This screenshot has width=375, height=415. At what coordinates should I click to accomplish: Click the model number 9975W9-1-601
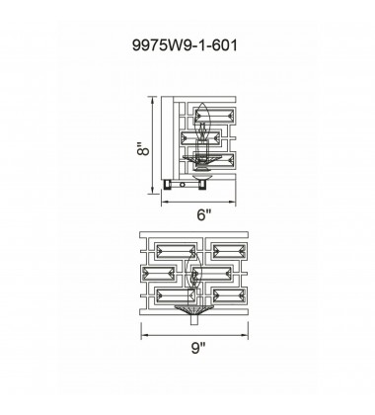coord(185,45)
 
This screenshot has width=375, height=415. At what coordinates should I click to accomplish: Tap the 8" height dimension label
coord(143,149)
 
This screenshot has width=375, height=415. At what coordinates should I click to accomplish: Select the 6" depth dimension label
coord(203,215)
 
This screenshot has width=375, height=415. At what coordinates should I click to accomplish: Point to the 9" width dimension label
coord(198,348)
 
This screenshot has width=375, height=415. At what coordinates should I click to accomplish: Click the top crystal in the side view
coord(215,116)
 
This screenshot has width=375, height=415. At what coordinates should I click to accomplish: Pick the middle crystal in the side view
coord(200,138)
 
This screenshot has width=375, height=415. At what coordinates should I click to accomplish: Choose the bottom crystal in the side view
coord(215,160)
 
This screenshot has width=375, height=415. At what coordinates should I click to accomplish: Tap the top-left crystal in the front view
coord(176,252)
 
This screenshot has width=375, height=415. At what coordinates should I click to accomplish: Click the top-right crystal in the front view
coord(229,252)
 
